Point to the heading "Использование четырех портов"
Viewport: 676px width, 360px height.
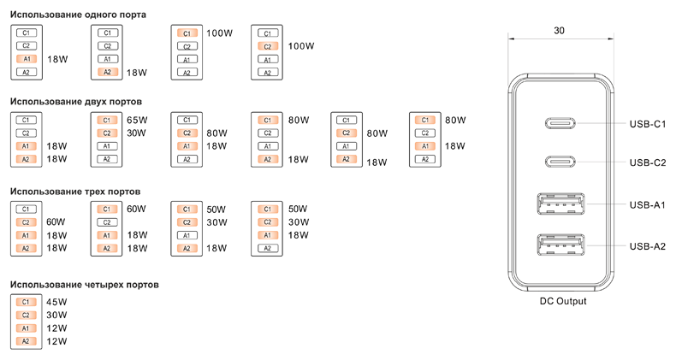pos(84,284)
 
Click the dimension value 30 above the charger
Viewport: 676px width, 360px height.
pos(559,30)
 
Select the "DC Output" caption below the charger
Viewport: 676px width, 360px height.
pos(562,301)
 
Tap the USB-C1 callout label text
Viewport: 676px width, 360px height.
pos(647,124)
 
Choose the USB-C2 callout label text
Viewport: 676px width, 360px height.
pos(647,162)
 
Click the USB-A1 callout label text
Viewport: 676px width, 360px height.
pos(647,204)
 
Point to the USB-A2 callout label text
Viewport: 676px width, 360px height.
pos(647,246)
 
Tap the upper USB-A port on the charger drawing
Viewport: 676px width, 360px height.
pos(561,205)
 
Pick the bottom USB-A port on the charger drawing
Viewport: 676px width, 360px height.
pos(561,246)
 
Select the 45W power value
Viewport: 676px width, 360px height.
pos(56,302)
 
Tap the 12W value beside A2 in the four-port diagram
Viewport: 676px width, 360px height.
pos(56,341)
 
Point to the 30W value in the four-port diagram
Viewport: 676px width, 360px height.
pos(56,315)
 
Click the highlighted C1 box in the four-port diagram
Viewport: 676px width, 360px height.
pos(26,302)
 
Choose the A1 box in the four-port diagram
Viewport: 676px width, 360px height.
pos(26,328)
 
